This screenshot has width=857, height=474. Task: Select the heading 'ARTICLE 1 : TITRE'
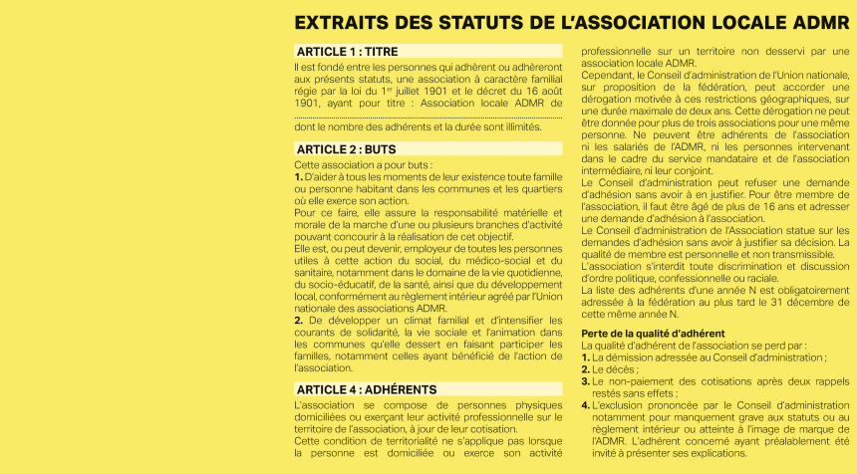click(x=347, y=52)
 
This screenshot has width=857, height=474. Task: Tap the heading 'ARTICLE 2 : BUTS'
click(x=346, y=149)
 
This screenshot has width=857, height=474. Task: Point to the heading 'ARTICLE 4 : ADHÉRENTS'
click(x=366, y=389)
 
